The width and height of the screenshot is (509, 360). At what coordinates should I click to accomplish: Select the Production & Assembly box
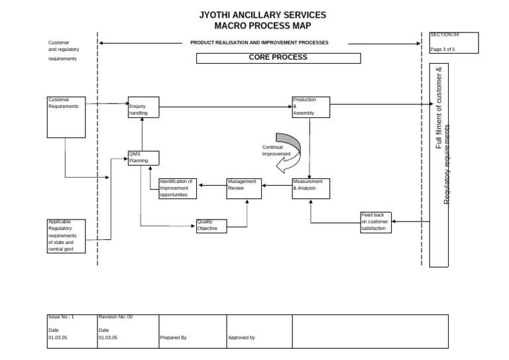pyautogui.click(x=311, y=107)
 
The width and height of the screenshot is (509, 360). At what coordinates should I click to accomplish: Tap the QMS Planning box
pyautogui.click(x=144, y=158)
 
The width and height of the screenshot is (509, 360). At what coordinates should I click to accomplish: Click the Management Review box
pyautogui.click(x=245, y=188)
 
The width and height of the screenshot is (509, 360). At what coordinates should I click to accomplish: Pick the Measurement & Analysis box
pyautogui.click(x=311, y=188)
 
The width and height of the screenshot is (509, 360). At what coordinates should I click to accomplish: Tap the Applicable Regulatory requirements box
pyautogui.click(x=66, y=236)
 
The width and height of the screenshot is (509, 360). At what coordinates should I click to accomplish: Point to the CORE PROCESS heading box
pyautogui.click(x=278, y=58)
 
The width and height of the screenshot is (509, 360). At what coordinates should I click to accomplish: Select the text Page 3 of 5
pyautogui.click(x=443, y=49)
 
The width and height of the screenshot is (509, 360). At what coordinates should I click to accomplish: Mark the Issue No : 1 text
pyautogui.click(x=61, y=318)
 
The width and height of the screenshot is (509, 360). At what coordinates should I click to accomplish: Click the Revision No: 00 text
pyautogui.click(x=116, y=318)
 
